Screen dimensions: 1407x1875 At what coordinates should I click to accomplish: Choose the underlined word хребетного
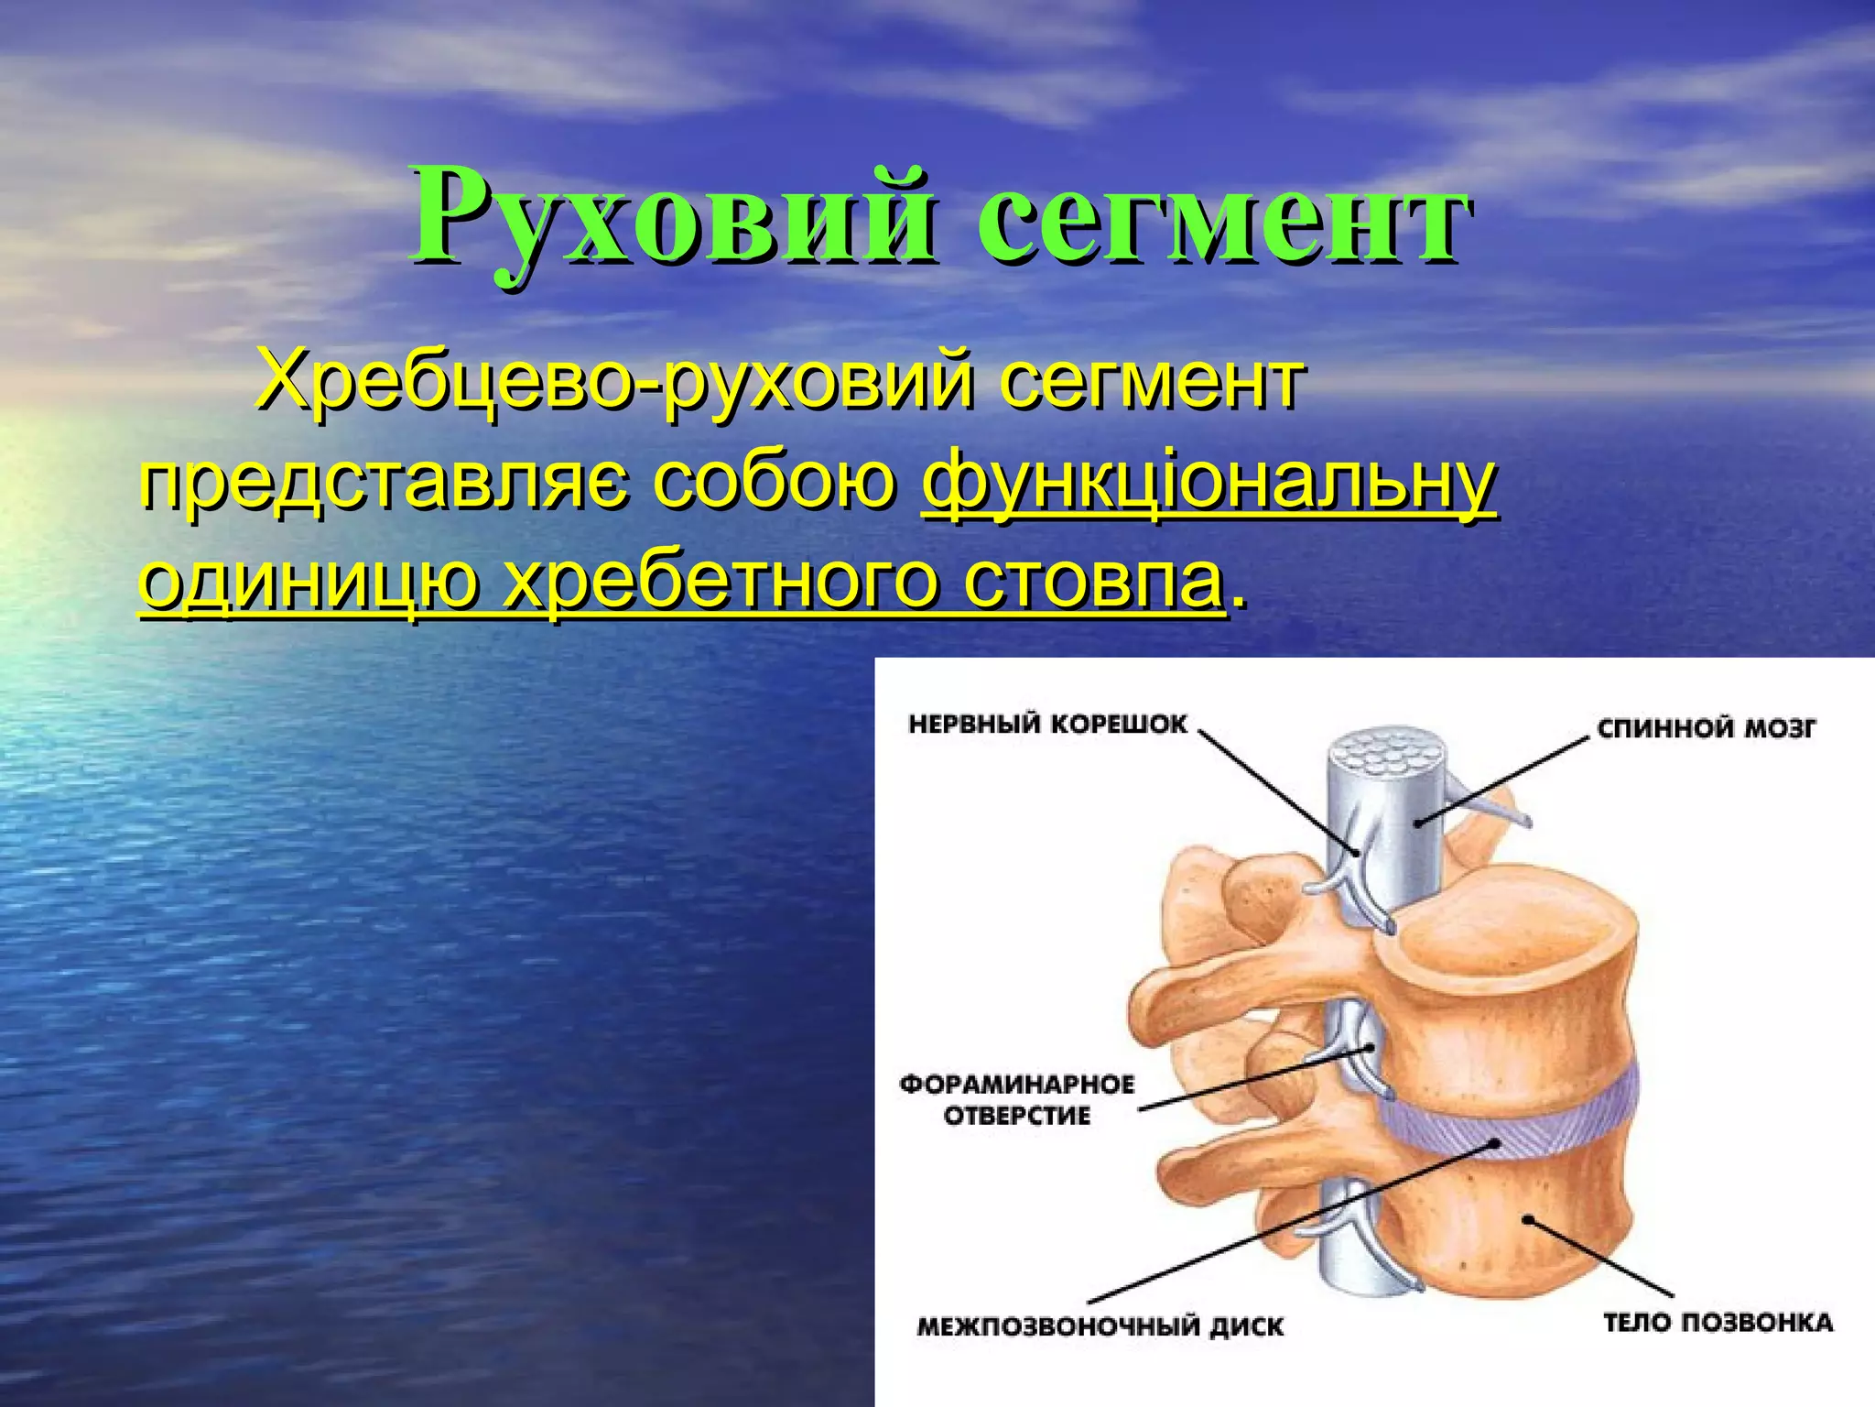[722, 582]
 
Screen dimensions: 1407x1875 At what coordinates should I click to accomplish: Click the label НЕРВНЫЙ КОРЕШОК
[1047, 725]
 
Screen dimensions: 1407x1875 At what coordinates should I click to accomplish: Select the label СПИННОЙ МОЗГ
[1706, 729]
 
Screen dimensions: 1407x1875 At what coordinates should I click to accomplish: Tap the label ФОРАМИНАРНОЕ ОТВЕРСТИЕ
[1017, 1100]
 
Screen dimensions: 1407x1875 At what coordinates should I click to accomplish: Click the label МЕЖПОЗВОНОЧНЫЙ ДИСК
[1100, 1326]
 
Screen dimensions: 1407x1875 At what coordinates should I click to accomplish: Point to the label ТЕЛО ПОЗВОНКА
[1718, 1322]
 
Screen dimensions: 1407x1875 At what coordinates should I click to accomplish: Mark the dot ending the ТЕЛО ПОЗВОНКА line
[1526, 1218]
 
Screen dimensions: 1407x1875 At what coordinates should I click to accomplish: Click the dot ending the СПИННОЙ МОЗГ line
[1417, 823]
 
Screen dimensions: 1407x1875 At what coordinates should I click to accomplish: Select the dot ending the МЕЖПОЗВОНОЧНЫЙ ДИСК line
[1494, 1143]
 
